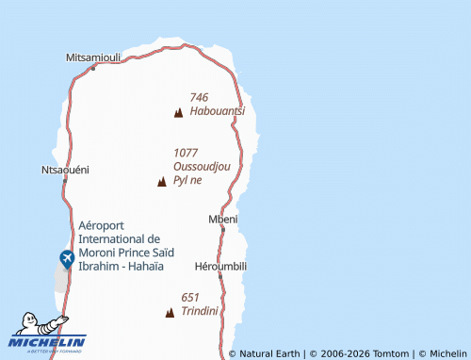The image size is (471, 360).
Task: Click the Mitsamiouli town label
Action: pos(93,57)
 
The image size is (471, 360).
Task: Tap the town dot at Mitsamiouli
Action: pos(92,67)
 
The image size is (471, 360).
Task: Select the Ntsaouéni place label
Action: pos(65,170)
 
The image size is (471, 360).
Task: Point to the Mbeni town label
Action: pos(222,219)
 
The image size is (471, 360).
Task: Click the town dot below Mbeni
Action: pos(226,229)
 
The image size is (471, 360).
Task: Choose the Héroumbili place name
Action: pos(219,266)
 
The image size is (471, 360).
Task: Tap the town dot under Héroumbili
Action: pos(220,276)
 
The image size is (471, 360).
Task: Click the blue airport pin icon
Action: pos(67,257)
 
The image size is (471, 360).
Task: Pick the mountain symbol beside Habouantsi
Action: pos(178,112)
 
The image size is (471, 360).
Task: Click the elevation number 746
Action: pos(199,97)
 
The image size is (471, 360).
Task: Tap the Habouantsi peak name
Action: pos(217,110)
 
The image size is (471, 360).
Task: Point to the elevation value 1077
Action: pos(186,152)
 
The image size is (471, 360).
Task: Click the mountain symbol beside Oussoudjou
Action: pos(162,181)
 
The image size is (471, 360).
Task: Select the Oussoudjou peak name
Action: pos(202,166)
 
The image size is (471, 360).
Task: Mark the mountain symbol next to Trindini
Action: pos(170,312)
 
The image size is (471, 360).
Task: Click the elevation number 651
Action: pos(190,297)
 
